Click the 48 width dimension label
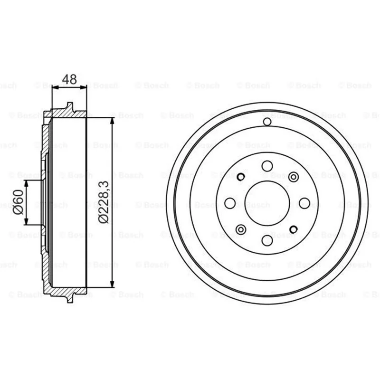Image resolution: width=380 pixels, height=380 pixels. click(x=69, y=79)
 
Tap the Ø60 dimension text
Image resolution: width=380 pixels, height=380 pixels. click(x=19, y=202)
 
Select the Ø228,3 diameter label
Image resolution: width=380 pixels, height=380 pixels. click(x=104, y=202)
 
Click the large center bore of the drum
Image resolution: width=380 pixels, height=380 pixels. click(x=267, y=203)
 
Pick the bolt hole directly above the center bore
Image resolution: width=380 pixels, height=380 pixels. click(x=267, y=166)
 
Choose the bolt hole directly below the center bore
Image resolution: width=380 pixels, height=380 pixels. click(x=267, y=240)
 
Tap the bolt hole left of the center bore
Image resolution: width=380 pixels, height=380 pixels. click(x=230, y=203)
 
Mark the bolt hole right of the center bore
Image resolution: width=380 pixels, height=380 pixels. click(x=304, y=203)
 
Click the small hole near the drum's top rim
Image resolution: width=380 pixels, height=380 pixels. click(x=267, y=122)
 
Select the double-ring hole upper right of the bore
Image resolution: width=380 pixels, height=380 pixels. click(x=293, y=177)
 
